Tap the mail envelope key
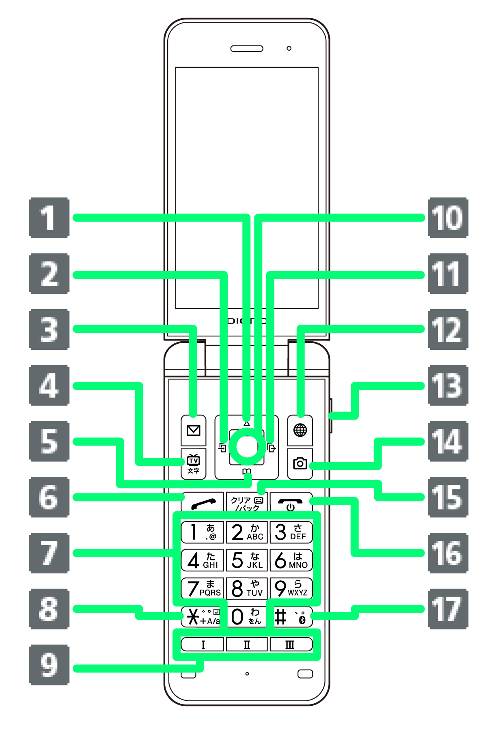(x=194, y=430)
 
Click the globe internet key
(x=300, y=430)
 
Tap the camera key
(x=300, y=463)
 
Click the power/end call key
(x=291, y=504)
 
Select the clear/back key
(x=246, y=504)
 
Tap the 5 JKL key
(x=246, y=560)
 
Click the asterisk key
(x=202, y=617)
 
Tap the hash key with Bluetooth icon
(x=291, y=617)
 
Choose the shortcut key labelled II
(x=246, y=644)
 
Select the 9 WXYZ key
(x=291, y=588)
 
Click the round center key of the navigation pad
(x=246, y=447)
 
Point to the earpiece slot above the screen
(x=247, y=49)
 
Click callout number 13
(x=448, y=386)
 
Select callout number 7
(x=49, y=553)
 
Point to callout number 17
(x=448, y=609)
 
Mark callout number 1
(x=49, y=218)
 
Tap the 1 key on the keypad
(x=202, y=532)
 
